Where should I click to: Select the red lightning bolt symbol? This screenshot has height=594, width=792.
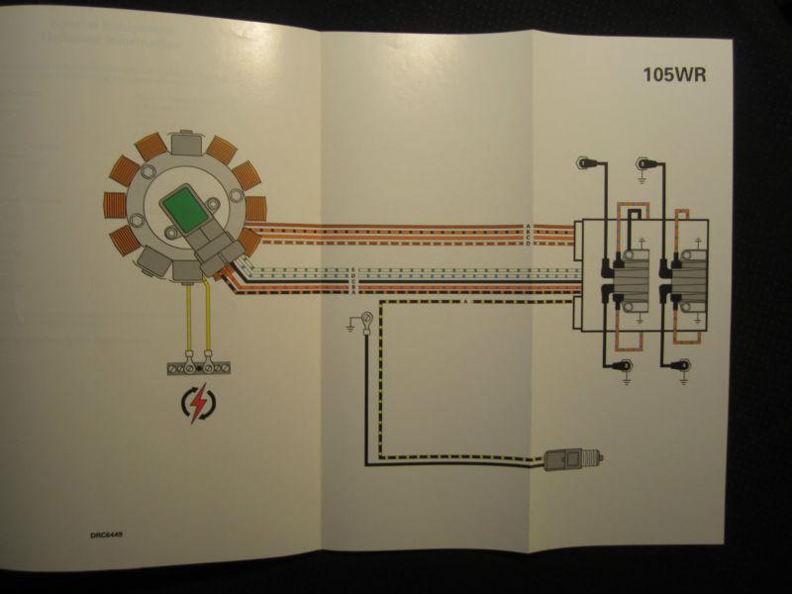tap(201, 404)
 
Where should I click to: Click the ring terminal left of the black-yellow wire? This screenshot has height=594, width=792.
tap(367, 319)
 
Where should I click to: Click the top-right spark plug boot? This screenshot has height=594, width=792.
tap(644, 162)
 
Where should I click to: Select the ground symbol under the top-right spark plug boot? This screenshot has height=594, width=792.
tap(643, 178)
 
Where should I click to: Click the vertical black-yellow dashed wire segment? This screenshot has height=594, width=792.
tap(370, 396)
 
